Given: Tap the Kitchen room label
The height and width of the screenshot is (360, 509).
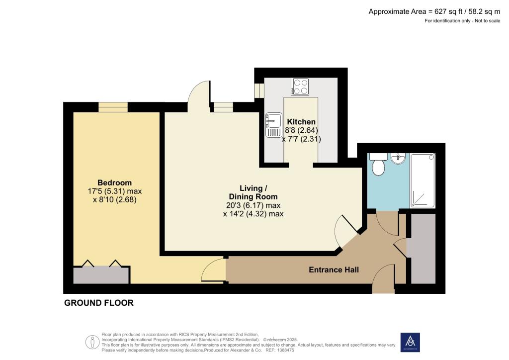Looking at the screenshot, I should [x=301, y=122].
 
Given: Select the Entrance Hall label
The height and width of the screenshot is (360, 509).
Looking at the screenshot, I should [x=334, y=270].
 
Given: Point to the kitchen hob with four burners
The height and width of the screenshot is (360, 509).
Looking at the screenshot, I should [x=300, y=87].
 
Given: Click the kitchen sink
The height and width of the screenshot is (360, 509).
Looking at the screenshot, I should [x=273, y=124].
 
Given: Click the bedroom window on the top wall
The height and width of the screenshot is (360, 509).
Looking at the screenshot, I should [x=113, y=107].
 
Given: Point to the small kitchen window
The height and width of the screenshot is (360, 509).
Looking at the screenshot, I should [x=259, y=90].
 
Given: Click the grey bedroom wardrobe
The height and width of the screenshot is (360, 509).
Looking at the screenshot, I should [x=101, y=275].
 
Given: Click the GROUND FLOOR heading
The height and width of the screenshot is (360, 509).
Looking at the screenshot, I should [x=99, y=303].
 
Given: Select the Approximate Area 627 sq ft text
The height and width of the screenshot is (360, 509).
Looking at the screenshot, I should [x=434, y=11].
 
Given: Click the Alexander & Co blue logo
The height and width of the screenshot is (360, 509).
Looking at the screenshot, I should [x=410, y=342].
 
